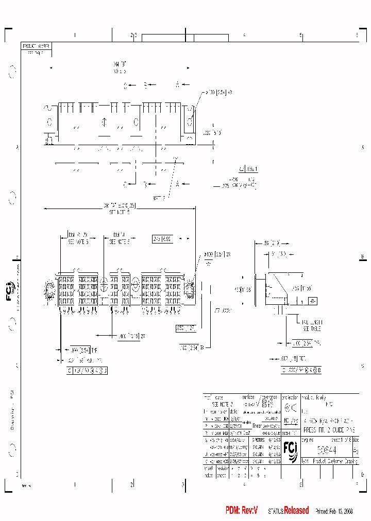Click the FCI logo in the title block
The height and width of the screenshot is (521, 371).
coord(290,449)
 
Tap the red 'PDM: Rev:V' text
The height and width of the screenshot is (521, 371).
coord(241,511)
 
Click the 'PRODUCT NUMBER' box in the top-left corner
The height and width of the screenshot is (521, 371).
coord(36,46)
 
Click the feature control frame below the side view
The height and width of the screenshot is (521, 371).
coord(301,370)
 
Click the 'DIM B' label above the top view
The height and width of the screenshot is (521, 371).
coord(120,64)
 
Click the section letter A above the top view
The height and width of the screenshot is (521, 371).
coord(177,84)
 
